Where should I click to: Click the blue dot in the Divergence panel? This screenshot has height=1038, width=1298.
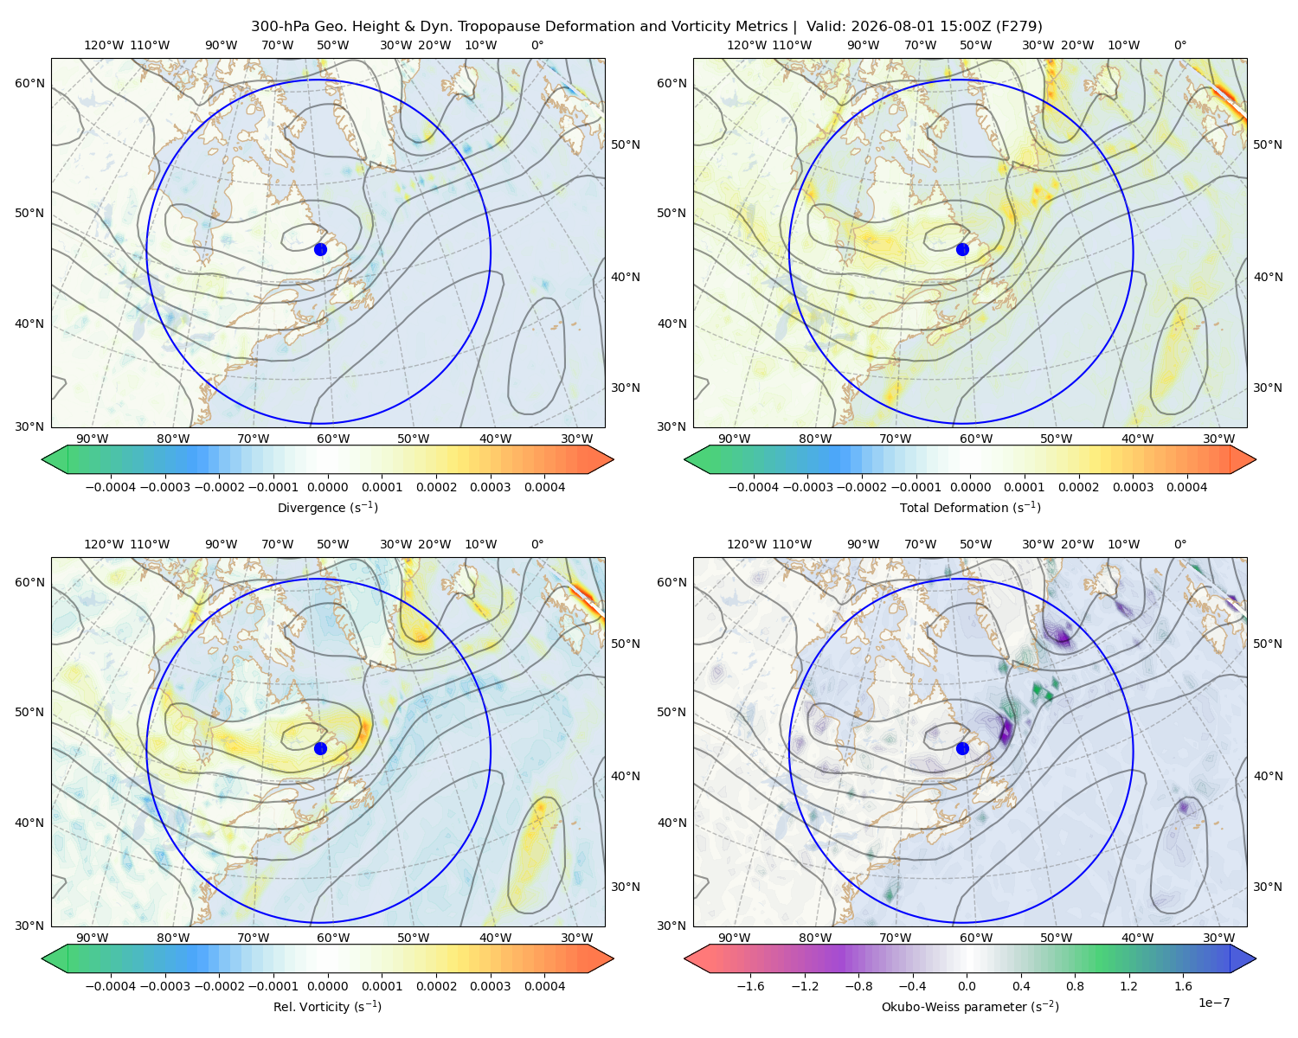pos(320,250)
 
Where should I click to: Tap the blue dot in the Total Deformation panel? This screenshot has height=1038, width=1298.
pos(962,250)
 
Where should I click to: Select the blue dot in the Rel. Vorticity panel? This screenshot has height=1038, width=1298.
pos(320,748)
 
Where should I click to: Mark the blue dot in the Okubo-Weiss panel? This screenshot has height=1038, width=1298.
pos(962,748)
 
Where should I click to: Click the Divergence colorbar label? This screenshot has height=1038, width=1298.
pos(327,508)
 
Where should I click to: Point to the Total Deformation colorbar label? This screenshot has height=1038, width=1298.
pos(970,508)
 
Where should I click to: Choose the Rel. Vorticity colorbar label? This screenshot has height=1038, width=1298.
pos(327,1007)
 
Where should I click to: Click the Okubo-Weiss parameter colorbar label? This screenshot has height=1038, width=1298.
pos(970,1007)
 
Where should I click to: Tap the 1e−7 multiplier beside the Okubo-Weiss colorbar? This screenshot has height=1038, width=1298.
pos(1213,1003)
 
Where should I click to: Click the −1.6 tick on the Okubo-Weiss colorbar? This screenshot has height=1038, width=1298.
pos(750,986)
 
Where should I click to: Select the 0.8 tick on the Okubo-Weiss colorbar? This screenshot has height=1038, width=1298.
pos(1075,986)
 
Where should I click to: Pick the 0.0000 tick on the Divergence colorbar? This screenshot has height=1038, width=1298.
pos(327,487)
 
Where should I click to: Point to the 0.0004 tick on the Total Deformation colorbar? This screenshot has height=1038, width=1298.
pos(1186,487)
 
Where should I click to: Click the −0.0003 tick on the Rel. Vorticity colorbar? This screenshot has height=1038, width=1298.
pos(164,986)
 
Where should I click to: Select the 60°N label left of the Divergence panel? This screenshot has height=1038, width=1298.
pos(29,83)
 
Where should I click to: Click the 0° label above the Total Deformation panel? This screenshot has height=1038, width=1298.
pos(1179,45)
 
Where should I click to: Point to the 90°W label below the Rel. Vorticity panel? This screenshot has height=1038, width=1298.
pos(93,938)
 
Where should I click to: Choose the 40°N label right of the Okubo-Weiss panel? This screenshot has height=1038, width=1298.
pos(1268,776)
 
